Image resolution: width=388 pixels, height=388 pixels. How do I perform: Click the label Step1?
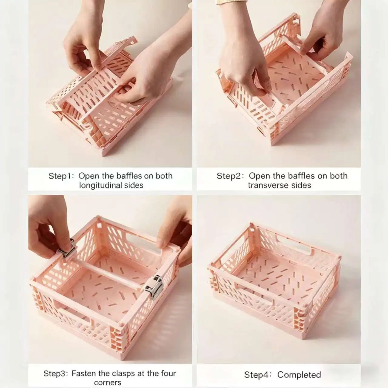click(x=60, y=176)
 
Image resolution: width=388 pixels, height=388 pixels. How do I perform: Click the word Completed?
click(x=299, y=369)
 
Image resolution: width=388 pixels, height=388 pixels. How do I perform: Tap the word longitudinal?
click(x=99, y=185)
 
